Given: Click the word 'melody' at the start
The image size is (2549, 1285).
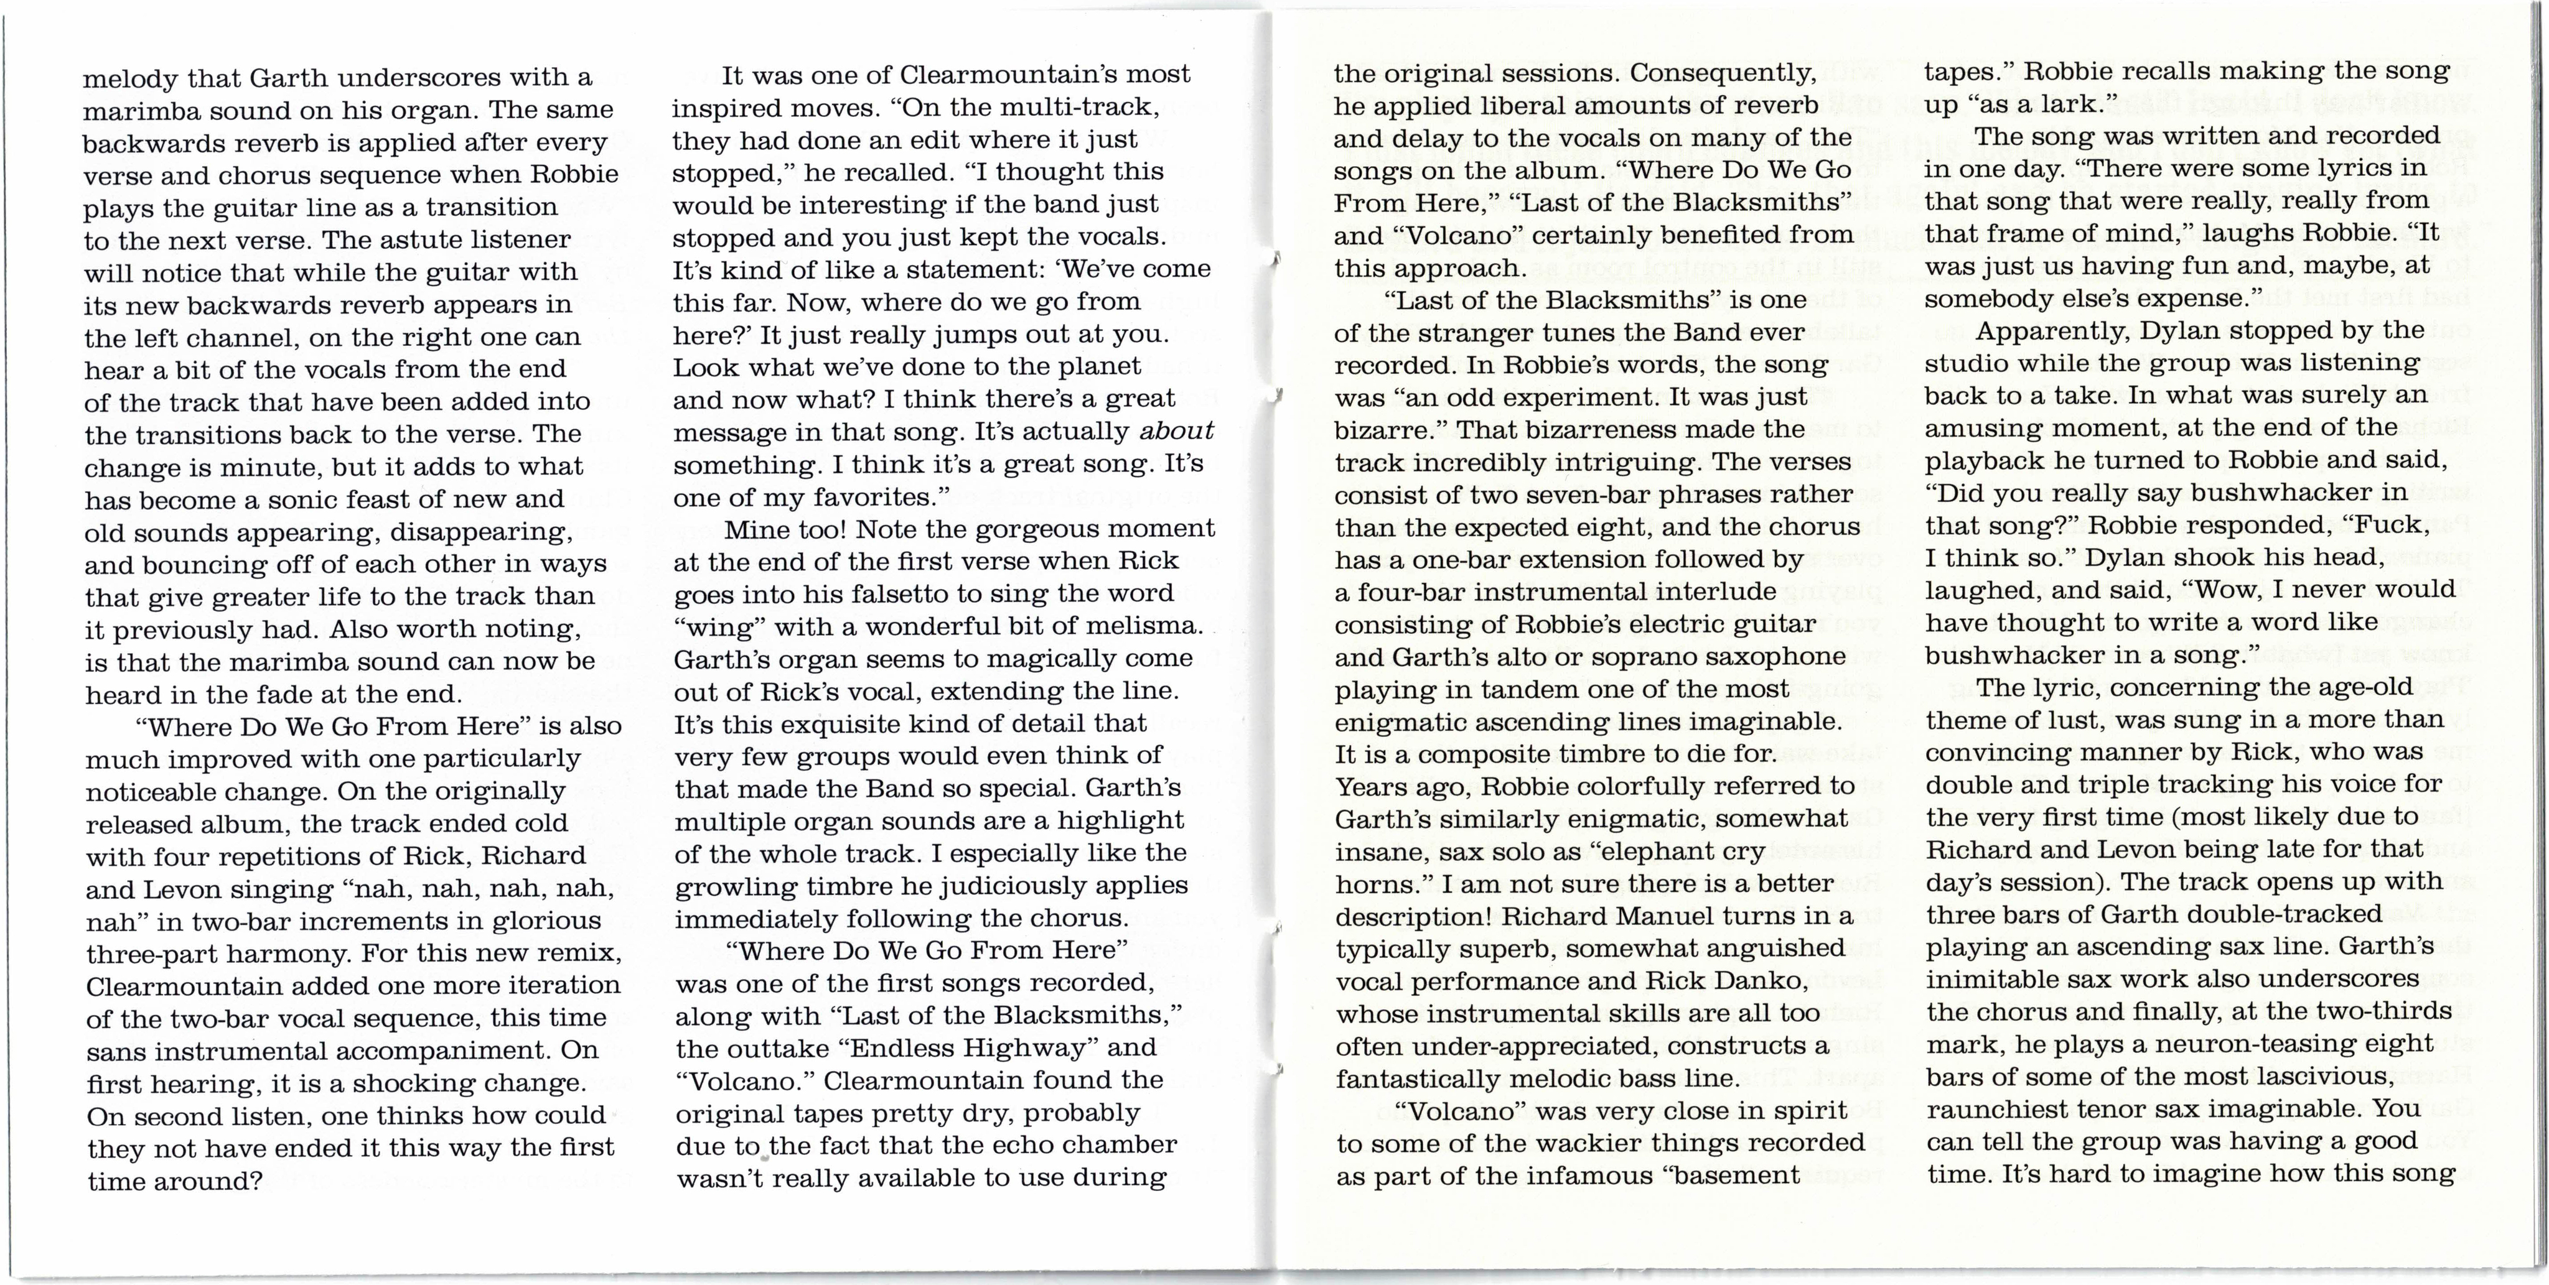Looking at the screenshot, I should tap(129, 78).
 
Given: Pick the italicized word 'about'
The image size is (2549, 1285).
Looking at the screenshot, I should tap(1177, 431).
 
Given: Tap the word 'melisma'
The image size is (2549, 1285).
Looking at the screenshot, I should tap(1147, 626).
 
